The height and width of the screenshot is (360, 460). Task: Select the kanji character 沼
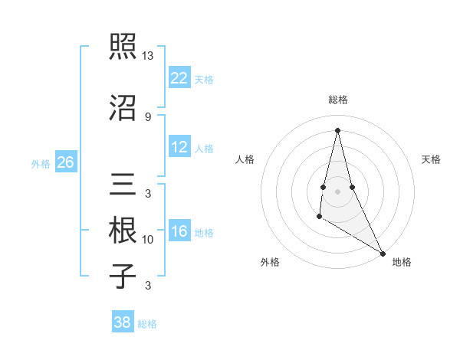123,107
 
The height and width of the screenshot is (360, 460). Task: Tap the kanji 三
123,184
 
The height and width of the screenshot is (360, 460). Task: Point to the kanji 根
123,229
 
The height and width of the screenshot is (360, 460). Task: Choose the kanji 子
123,275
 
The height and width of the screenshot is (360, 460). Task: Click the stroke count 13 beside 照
148,56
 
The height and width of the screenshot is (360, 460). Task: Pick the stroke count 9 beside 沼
148,116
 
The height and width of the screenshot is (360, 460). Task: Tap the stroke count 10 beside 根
148,240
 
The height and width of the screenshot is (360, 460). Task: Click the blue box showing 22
179,77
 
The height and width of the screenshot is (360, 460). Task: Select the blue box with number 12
179,147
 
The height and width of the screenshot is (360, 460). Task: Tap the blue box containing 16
179,231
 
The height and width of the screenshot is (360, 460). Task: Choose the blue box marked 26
65,162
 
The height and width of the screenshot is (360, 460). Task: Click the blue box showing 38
123,322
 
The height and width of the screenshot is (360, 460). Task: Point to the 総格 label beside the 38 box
147,324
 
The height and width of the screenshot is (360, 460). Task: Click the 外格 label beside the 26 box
41,163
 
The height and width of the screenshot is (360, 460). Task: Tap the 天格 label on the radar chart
431,159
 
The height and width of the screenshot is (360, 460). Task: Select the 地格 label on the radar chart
402,262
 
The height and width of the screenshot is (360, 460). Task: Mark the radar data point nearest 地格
383,253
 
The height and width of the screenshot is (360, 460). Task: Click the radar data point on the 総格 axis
337,130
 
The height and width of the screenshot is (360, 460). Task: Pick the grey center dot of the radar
337,191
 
